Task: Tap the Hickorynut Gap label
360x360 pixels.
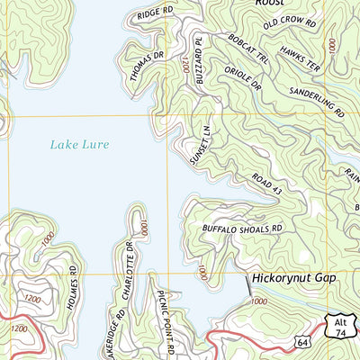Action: point(292,278)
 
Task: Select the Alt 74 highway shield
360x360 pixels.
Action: point(338,328)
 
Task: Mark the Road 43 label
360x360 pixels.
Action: point(266,185)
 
